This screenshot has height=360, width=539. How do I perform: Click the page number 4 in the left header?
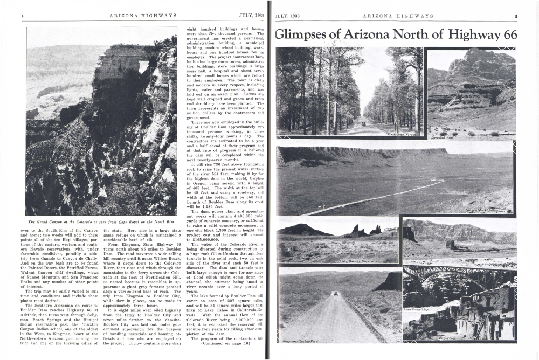tap(22, 16)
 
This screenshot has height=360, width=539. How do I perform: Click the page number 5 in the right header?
tap(515, 16)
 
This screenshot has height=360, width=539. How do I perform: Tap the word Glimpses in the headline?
tap(301, 35)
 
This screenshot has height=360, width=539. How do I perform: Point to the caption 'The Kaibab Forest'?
tap(403, 133)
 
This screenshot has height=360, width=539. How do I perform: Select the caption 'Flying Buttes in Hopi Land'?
tap(358, 261)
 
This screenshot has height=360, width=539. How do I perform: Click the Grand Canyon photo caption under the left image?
tap(101, 222)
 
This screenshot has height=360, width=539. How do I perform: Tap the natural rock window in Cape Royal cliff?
tap(143, 66)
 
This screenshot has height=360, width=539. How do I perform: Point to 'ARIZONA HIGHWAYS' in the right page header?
tap(398, 16)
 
